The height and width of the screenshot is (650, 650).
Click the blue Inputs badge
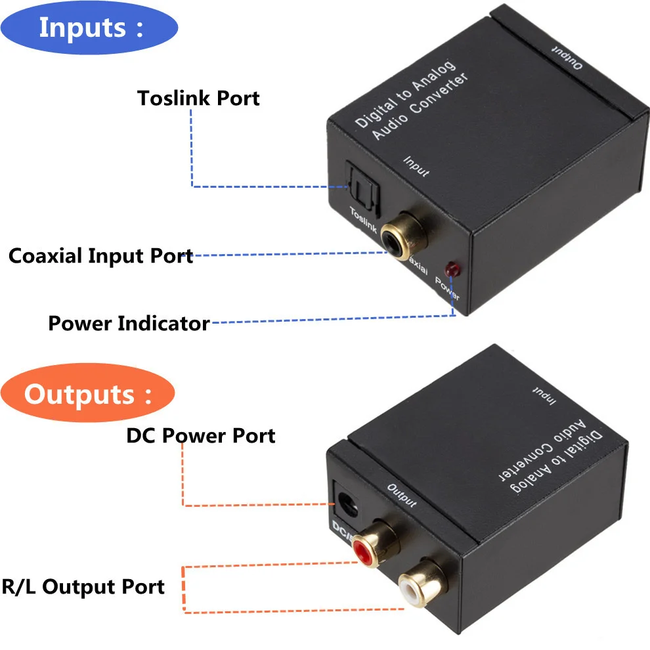(89, 28)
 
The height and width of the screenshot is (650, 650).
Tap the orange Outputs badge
(88, 395)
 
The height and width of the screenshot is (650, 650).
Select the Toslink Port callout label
(198, 98)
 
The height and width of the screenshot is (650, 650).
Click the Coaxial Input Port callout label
(100, 255)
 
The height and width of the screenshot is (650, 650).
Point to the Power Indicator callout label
(129, 323)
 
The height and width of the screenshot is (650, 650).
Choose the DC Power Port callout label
(201, 435)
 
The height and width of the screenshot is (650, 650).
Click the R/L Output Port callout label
(83, 586)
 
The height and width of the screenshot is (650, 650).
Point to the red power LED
(451, 269)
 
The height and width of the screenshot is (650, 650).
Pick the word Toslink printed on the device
(363, 220)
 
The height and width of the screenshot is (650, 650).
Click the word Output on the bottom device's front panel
(402, 496)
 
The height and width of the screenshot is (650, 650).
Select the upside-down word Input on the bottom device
(542, 397)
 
